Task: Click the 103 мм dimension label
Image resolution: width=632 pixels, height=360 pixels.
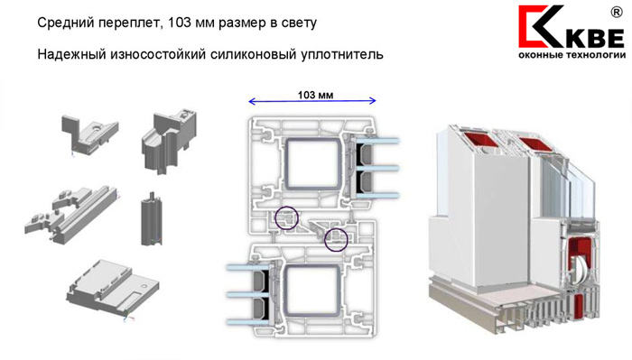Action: coord(315,95)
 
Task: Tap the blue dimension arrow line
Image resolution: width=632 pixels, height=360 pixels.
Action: coord(312,101)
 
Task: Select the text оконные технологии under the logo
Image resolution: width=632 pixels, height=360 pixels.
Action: coord(572,55)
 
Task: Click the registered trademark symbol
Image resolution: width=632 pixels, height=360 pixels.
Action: coord(617,13)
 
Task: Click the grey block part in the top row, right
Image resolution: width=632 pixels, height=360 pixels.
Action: coord(170,140)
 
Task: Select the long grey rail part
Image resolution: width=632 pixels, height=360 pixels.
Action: coord(72,214)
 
